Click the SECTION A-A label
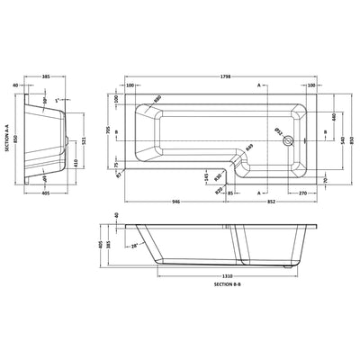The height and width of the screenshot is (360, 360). pos(7,148)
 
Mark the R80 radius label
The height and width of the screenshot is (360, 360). pos(157,98)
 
